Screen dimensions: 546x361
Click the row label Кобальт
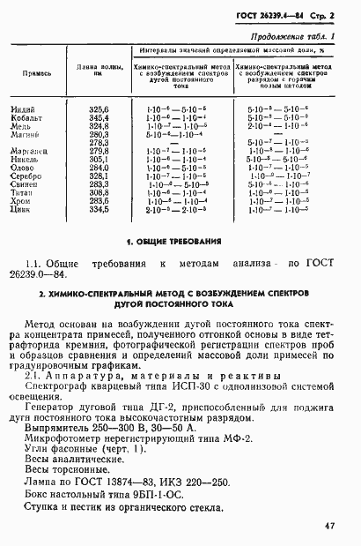tap(25, 117)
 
